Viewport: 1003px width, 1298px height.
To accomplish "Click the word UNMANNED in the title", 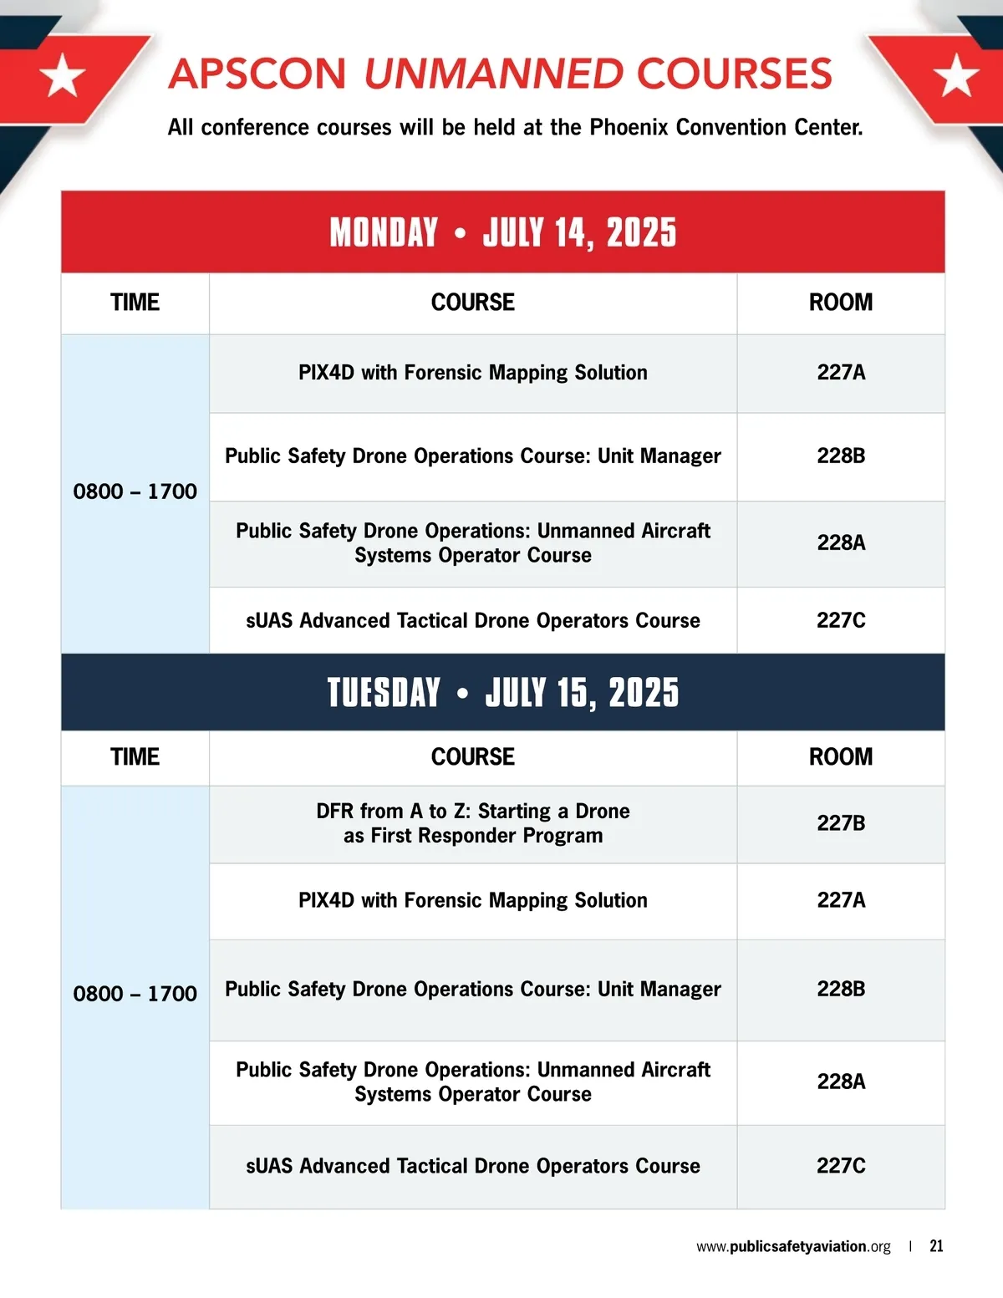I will tap(493, 74).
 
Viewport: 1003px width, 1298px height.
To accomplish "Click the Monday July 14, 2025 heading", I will tap(502, 232).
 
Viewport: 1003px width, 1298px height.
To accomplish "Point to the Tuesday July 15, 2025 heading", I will tap(502, 693).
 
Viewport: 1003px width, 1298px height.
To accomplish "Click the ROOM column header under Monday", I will tap(840, 303).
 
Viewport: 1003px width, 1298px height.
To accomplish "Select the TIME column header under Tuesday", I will tap(135, 757).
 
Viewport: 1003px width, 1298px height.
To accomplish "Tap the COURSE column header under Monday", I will tap(472, 303).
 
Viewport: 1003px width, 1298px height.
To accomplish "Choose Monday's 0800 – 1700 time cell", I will tap(135, 491).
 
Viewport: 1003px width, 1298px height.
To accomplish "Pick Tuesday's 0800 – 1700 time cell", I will tap(135, 994).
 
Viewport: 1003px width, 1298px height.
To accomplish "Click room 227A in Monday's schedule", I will tap(841, 373).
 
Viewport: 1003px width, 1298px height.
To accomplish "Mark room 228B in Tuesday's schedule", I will tap(841, 989).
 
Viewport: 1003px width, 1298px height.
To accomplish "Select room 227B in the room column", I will tap(841, 823).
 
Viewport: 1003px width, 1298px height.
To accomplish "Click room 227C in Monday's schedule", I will tap(841, 620).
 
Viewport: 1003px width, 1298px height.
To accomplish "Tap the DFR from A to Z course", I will tap(472, 823).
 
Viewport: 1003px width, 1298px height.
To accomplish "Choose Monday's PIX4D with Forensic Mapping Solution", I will tap(472, 373).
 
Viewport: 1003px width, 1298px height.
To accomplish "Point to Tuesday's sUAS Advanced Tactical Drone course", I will tap(472, 1166).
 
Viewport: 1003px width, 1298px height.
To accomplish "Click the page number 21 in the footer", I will tap(936, 1246).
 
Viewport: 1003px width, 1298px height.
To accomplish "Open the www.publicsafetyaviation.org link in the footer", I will tap(793, 1246).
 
